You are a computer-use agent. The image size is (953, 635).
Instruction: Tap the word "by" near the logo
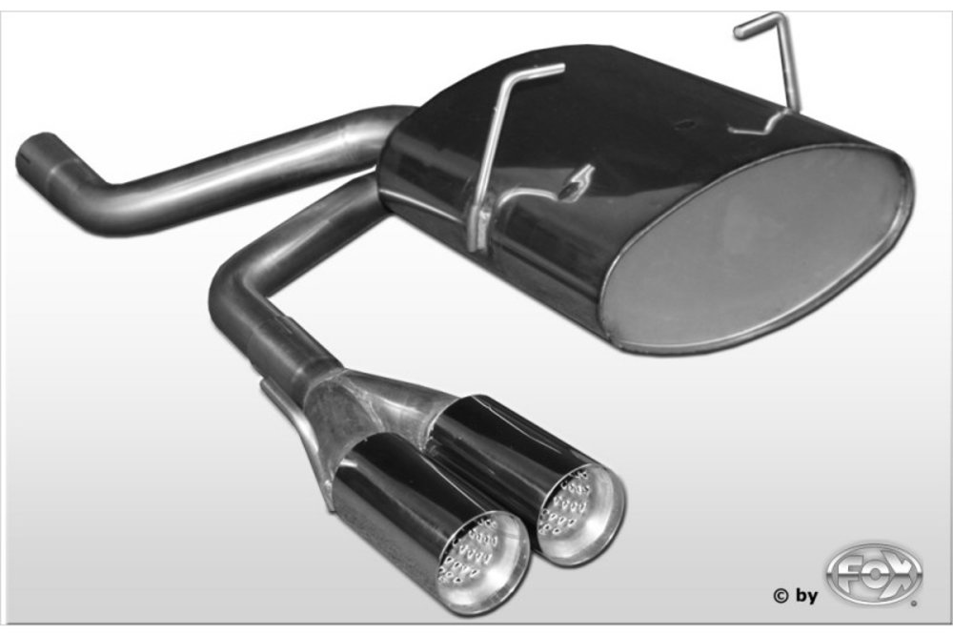[x=805, y=597]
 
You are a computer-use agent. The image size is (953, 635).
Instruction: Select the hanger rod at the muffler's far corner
[x=772, y=74]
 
